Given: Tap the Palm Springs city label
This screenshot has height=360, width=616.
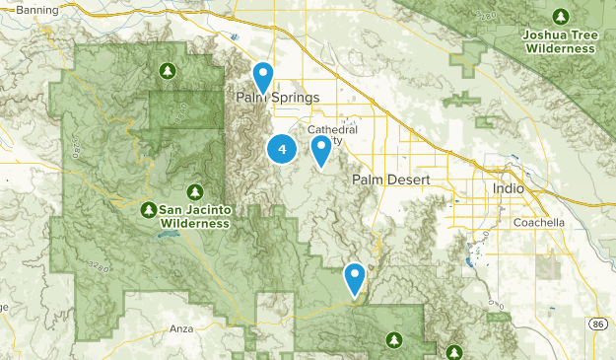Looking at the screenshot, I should [x=278, y=99].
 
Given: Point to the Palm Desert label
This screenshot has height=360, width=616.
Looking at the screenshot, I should [x=386, y=180].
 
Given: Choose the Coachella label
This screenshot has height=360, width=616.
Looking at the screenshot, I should [x=539, y=223].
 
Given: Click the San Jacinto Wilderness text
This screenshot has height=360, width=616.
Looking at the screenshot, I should [x=194, y=216].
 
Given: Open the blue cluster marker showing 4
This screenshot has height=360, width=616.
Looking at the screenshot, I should [x=282, y=149].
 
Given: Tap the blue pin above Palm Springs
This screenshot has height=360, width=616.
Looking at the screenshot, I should [x=263, y=75].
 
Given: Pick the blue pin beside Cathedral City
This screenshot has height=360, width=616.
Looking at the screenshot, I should [x=321, y=149].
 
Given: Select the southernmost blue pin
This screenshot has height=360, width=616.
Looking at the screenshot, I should [x=355, y=277].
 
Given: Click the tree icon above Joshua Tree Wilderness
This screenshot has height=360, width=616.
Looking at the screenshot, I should [x=561, y=17].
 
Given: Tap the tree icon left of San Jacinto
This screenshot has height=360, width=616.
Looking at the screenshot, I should [x=148, y=209].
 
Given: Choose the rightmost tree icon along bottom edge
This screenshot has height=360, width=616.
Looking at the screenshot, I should [x=454, y=351].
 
